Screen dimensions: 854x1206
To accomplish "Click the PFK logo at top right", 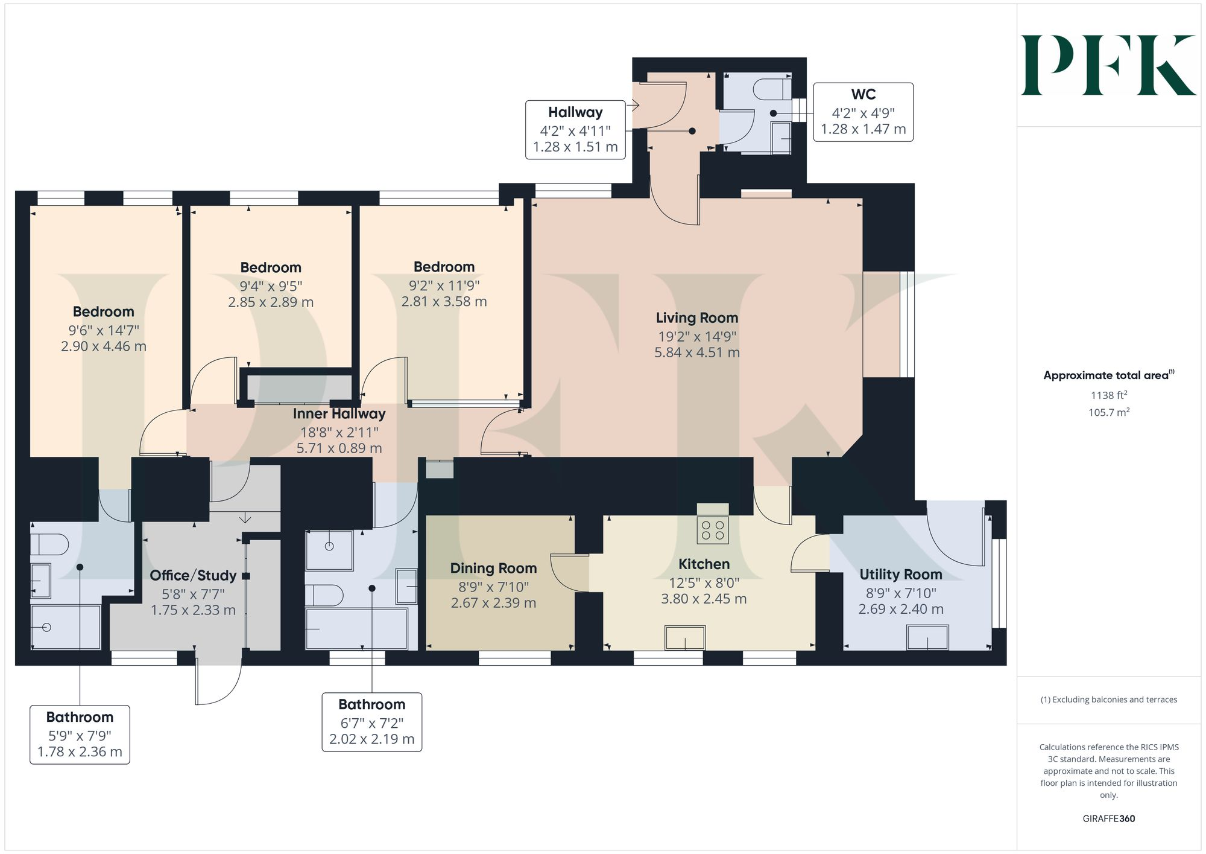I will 1108,65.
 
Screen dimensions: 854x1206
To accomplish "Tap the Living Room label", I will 696,318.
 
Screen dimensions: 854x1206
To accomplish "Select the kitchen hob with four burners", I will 712,530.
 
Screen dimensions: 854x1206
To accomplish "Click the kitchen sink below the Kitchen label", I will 684,638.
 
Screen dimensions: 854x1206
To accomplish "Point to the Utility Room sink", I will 927,637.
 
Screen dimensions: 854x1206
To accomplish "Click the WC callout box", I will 863,112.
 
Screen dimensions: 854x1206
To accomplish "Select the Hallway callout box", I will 575,129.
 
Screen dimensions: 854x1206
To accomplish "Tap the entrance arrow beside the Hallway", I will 633,106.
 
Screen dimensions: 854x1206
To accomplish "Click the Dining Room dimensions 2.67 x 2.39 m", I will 493,603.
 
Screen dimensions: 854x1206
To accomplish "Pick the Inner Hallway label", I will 339,414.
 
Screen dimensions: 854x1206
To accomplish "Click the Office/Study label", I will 193,576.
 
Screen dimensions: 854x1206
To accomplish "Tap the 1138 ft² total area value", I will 1108,395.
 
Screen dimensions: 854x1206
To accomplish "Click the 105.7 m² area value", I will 1108,413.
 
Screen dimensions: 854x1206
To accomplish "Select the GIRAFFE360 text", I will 1108,819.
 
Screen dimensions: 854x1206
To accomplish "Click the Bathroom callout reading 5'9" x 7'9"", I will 80,735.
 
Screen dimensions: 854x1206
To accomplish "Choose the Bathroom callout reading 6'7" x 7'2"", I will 371,722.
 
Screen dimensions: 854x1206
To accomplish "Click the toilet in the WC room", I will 772,89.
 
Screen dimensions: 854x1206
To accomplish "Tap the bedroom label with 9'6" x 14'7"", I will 103,312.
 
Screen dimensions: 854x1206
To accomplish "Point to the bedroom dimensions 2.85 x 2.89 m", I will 271,302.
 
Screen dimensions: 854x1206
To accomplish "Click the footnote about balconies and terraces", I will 1108,700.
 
